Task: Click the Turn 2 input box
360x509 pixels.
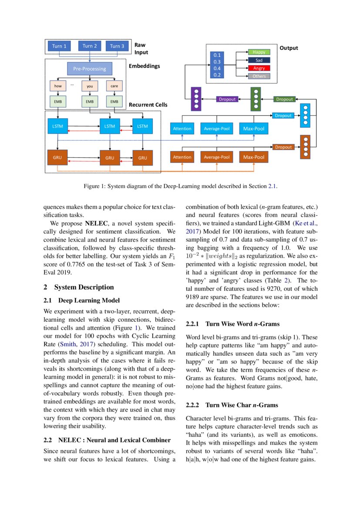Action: coord(90,46)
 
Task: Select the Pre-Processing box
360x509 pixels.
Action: coord(90,69)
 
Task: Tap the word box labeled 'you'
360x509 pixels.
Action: coord(90,86)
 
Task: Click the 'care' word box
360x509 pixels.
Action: coord(114,86)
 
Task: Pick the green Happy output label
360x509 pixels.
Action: coord(259,52)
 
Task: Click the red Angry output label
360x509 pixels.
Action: coord(259,68)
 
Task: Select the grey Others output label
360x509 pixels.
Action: coord(259,76)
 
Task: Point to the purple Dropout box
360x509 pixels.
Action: coord(227,99)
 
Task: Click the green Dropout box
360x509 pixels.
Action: coord(284,99)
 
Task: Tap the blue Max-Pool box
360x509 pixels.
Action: coord(254,128)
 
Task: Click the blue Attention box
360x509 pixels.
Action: coord(182,128)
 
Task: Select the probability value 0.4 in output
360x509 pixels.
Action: coord(217,68)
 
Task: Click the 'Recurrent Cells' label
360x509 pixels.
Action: coord(148,105)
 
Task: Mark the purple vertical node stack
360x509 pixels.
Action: coord(196,98)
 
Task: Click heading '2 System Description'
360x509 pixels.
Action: coord(79,287)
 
